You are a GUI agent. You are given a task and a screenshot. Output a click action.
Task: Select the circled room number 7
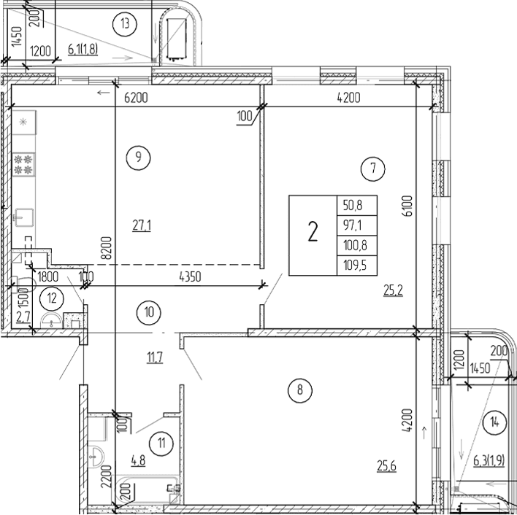tap(372, 169)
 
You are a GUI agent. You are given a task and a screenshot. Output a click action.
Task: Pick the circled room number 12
tap(52, 297)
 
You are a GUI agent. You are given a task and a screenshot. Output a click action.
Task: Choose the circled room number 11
tap(160, 440)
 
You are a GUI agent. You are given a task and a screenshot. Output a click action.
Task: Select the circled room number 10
tap(148, 312)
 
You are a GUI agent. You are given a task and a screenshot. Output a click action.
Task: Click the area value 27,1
tap(141, 225)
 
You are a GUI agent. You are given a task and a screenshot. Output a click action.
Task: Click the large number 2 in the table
tap(313, 234)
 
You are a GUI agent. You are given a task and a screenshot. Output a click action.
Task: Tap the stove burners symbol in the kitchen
tap(24, 164)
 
